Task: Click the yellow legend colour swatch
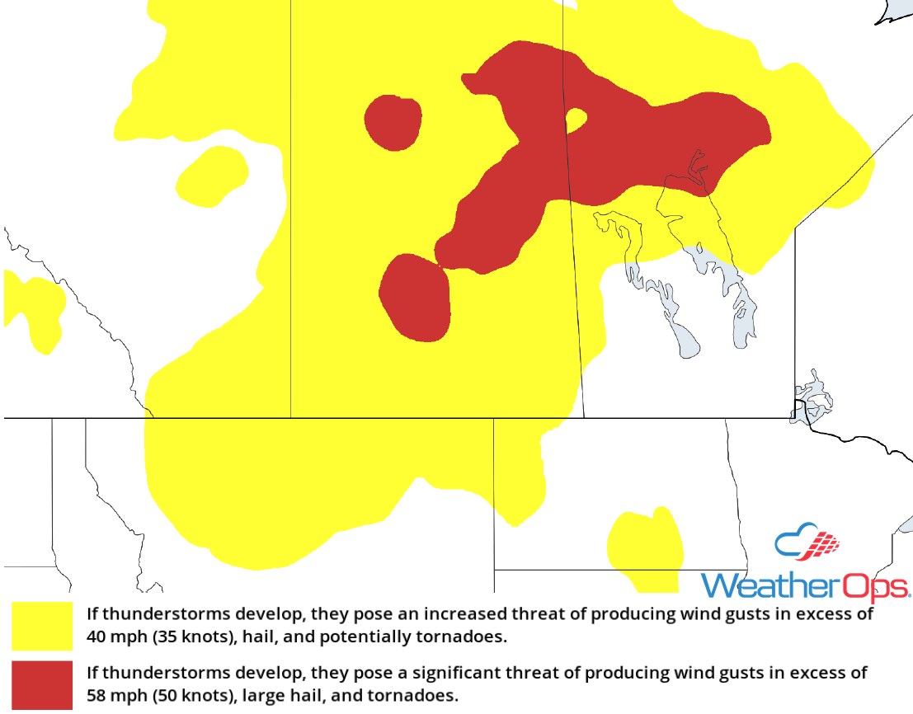(x=42, y=626)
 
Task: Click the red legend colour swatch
(x=42, y=684)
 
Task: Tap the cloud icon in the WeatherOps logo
(x=807, y=541)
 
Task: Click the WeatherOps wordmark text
(x=805, y=586)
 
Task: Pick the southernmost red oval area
(x=415, y=298)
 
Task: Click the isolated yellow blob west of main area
(x=212, y=176)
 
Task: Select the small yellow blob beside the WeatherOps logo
(x=645, y=548)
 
